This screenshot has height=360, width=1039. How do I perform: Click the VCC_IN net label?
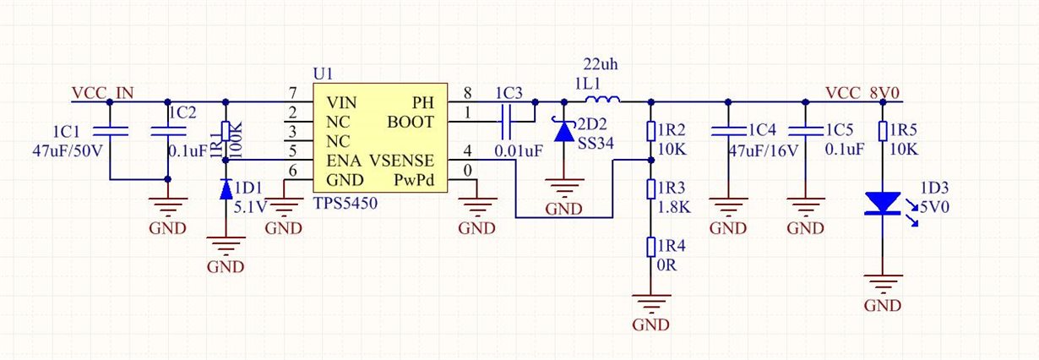point(102,93)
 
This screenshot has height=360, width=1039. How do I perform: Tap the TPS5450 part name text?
point(345,204)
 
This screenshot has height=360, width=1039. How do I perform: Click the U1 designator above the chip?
point(322,74)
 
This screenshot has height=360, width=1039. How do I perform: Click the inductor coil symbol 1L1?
point(600,101)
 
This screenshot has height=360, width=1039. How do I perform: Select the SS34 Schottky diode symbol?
point(564,130)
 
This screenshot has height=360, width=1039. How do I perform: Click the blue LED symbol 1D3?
point(883,204)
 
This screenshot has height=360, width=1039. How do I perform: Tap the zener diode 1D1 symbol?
point(226,189)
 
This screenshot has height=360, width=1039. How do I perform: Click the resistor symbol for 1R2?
point(650,131)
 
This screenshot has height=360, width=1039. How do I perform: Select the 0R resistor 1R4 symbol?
point(650,246)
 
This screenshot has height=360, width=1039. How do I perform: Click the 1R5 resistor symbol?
point(883,130)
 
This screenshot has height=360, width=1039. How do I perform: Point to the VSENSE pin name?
point(402,160)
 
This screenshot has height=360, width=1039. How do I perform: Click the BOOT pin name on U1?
point(411,122)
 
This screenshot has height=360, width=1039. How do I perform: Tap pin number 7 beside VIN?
point(292,93)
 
